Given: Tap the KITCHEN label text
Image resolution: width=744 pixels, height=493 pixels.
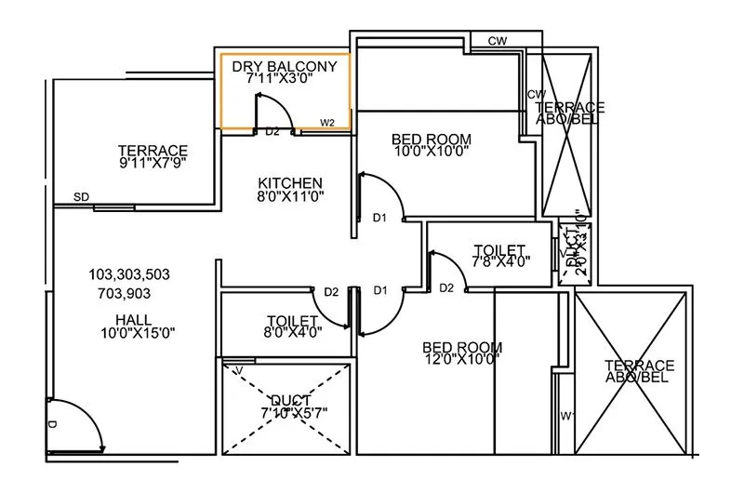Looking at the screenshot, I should pos(290,182).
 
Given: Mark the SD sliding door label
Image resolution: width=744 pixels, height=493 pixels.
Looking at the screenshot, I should pos(82,198).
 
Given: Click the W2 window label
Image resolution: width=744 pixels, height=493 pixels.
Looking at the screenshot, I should pos(327,122).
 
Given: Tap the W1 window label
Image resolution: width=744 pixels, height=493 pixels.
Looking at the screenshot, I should pos(566,416).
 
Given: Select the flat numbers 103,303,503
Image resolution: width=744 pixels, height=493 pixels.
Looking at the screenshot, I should pos(129,275).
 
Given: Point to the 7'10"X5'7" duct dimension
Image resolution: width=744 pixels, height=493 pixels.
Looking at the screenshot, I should pos(287,412).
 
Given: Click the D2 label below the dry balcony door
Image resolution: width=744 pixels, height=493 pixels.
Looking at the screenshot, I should pos(272,132).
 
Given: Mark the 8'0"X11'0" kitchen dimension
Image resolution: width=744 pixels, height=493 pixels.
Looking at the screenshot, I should pos(290,196).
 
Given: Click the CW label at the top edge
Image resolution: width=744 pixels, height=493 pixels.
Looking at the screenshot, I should pos(497,41).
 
